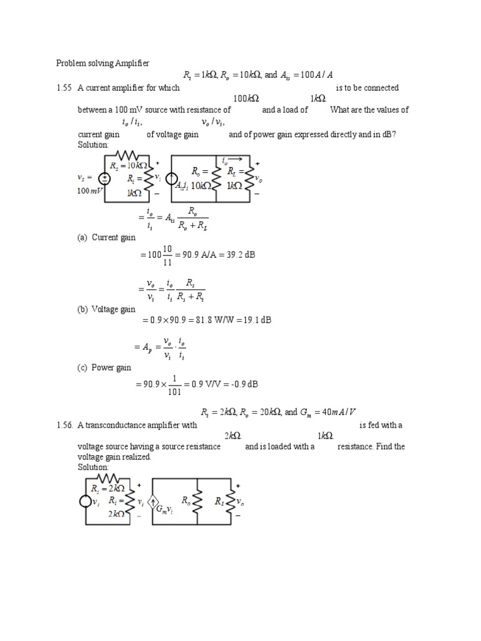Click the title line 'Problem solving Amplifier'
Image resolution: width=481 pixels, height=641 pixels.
pyautogui.click(x=103, y=63)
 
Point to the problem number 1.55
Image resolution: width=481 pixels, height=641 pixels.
pyautogui.click(x=64, y=88)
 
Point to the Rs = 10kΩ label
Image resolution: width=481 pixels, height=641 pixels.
pyautogui.click(x=128, y=166)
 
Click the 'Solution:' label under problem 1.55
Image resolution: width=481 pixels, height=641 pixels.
pyautogui.click(x=93, y=145)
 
